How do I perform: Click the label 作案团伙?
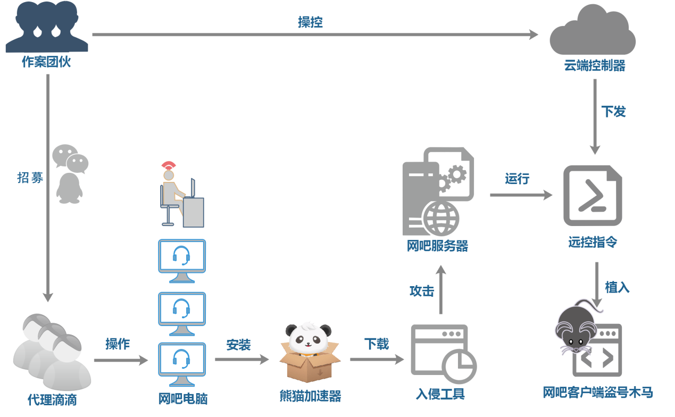[x=46, y=62]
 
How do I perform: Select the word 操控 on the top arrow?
[x=310, y=22]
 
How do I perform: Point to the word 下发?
[x=613, y=112]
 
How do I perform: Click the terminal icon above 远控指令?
[x=593, y=195]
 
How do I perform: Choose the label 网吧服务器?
[x=437, y=246]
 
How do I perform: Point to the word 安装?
[x=238, y=345]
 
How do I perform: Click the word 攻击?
[x=421, y=291]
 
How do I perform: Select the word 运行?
[x=517, y=179]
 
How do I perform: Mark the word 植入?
[x=617, y=288]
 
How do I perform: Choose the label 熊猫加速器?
[x=310, y=396]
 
